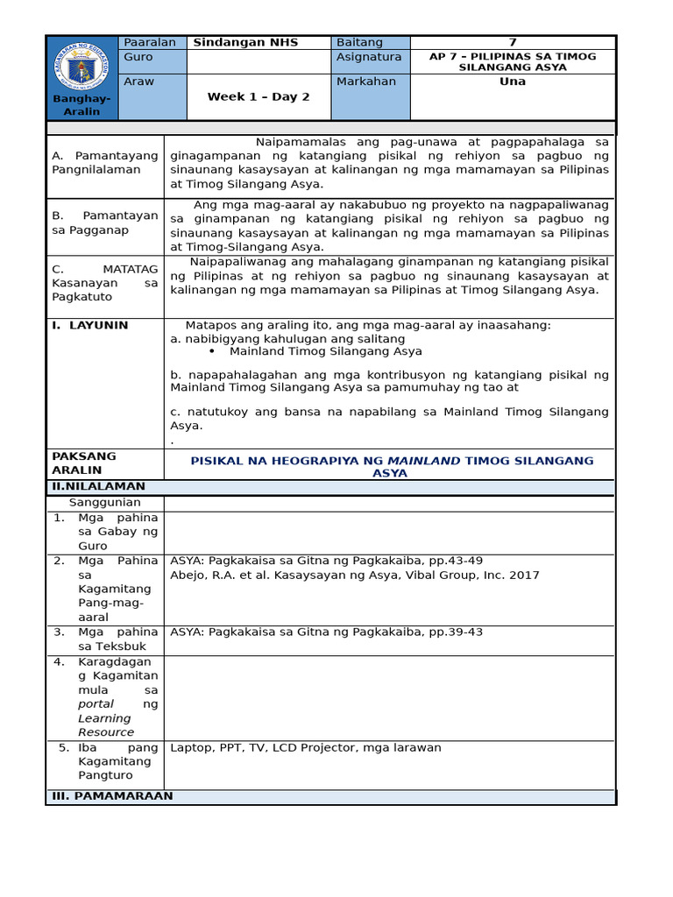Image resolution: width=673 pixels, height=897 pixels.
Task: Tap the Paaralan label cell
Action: tap(151, 42)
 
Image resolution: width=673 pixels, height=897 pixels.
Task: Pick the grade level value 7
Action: tap(513, 42)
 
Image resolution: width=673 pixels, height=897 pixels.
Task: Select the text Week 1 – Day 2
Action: tap(259, 97)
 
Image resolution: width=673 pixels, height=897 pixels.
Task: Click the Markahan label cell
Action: tap(366, 81)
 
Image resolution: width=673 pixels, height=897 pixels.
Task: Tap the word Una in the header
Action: tap(513, 81)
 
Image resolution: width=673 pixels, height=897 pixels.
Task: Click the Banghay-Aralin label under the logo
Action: tap(81, 105)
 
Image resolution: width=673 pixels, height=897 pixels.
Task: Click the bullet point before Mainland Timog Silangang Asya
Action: tap(213, 351)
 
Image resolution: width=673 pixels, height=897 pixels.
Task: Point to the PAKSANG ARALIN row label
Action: tap(84, 463)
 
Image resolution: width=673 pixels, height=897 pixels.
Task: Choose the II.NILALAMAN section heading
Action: tap(98, 486)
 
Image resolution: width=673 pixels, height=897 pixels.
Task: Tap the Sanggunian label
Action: tap(105, 503)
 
